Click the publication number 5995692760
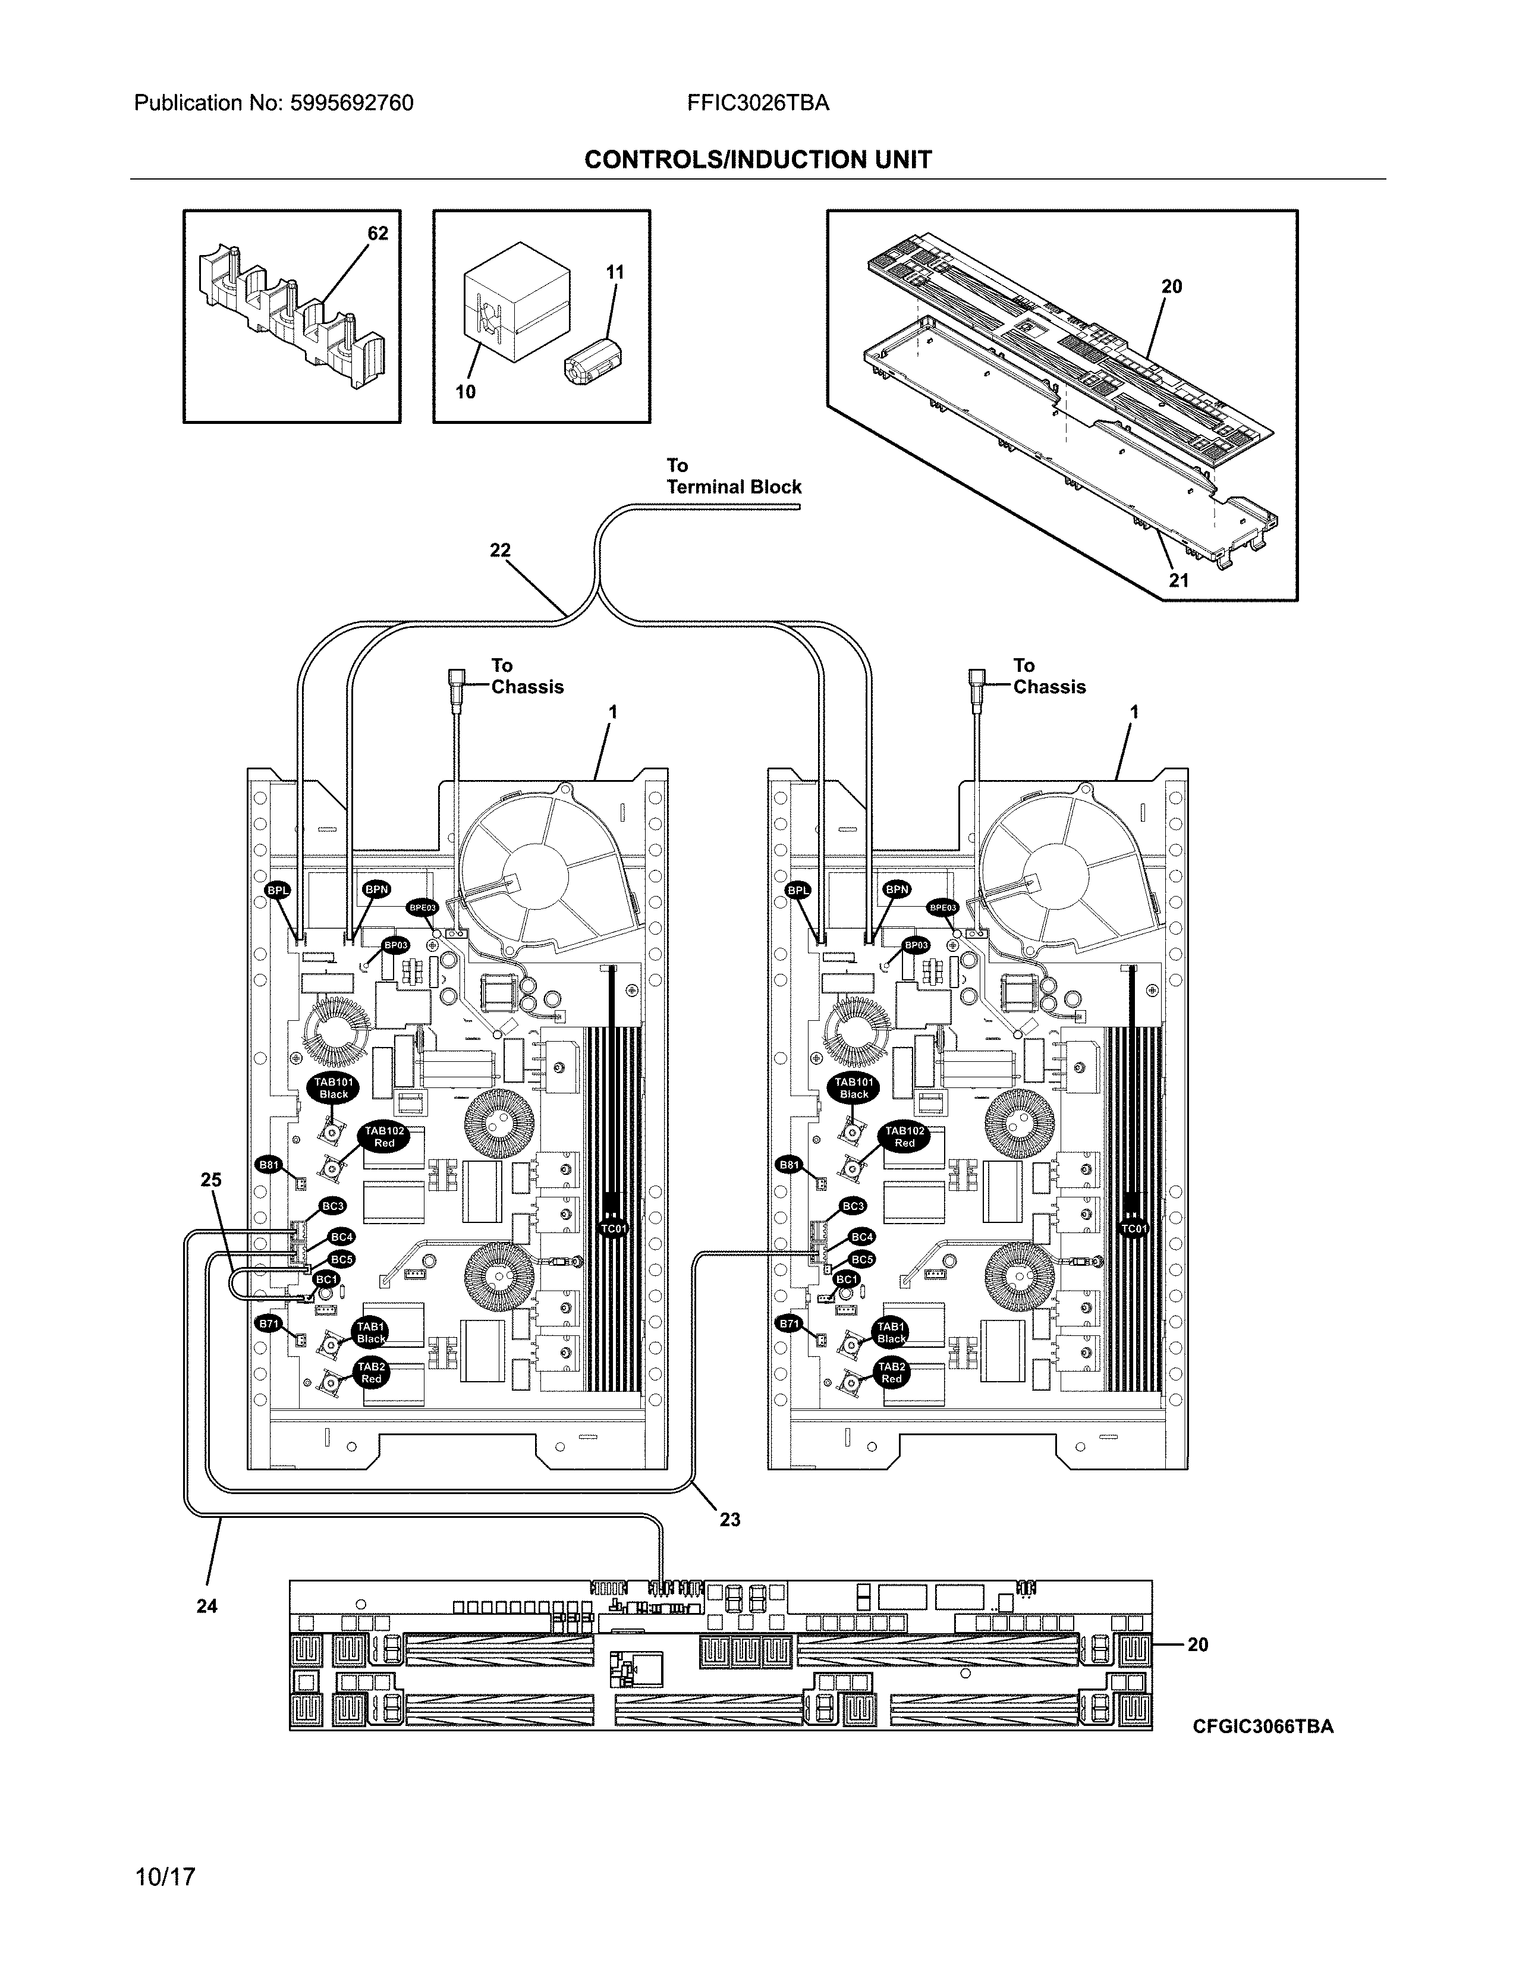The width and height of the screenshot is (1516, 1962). pos(351,103)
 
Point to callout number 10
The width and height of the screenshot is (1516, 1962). pos(466,392)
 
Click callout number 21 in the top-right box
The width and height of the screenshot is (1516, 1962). pos(1178,580)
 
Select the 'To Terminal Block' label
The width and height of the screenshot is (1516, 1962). pos(733,477)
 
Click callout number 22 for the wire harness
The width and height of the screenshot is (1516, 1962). pos(499,551)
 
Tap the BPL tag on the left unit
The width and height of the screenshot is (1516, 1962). pos(278,890)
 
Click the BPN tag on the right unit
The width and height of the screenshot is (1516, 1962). pos(897,889)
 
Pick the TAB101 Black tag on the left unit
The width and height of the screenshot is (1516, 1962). pos(333,1089)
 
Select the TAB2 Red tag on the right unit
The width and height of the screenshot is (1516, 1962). pos(891,1373)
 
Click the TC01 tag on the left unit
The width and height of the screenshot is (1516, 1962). pos(614,1228)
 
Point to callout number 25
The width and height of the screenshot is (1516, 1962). pos(211,1180)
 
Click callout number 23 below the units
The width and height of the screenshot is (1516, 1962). pos(729,1519)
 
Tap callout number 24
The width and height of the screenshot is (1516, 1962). pos(206,1605)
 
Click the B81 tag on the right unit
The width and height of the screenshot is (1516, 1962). pos(788,1165)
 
